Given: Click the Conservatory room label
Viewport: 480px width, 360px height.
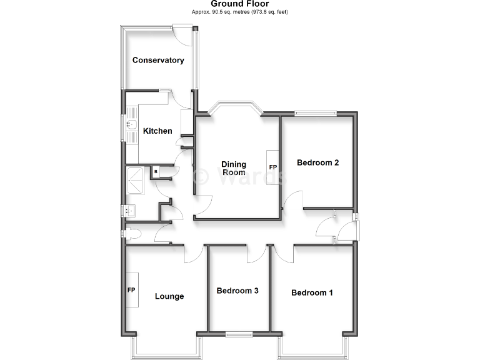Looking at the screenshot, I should pos(158,61).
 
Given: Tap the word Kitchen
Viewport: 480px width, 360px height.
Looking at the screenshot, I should pos(157,131).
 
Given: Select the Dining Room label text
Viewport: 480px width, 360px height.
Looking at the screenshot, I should pos(234,169).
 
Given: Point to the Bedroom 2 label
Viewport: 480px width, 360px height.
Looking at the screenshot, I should pos(317,163).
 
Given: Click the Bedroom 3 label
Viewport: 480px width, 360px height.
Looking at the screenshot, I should pos(237,291).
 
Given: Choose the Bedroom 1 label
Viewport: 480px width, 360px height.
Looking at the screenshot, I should pos(312,292).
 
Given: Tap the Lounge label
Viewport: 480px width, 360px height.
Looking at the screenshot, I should pos(169,296).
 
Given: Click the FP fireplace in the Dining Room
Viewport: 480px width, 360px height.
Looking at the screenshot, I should pos(272,167).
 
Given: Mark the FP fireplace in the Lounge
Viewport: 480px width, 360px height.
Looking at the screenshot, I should pos(131,291).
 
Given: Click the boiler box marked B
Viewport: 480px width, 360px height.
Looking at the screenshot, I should pos(155,171).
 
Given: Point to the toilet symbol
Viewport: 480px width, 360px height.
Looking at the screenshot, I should pos(132,234).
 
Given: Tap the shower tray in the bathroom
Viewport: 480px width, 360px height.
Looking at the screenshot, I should pos(135,181).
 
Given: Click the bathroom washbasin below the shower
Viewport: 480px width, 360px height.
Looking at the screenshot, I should pos(131,210).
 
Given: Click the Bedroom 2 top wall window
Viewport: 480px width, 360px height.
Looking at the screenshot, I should pos(316,113).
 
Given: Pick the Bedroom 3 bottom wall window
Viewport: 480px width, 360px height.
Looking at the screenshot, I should pos(238,333).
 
